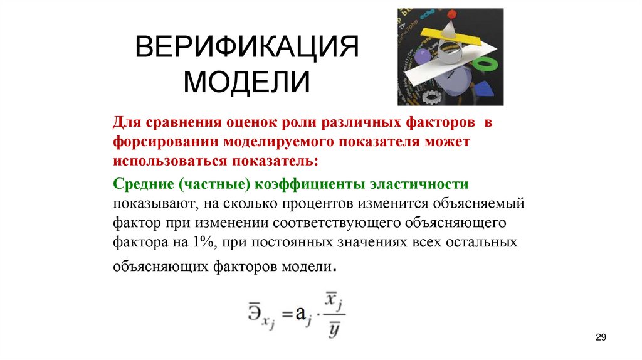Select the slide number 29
coord(601,338)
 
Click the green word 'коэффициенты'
coord(313,184)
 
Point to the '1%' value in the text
coord(211,241)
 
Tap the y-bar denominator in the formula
coord(334,330)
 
